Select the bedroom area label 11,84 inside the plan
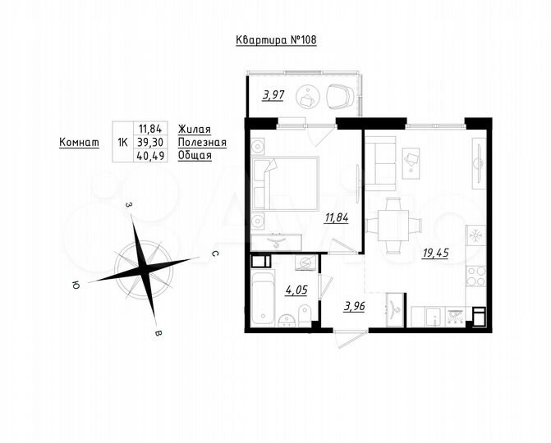[337, 217]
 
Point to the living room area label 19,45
[435, 253]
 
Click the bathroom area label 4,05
[296, 289]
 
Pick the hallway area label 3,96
[355, 307]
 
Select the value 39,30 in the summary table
[152, 141]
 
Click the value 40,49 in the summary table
[152, 155]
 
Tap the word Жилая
[194, 128]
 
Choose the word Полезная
[201, 141]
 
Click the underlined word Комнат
[80, 142]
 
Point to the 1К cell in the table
[122, 141]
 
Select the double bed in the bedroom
[285, 185]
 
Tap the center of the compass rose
[145, 268]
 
